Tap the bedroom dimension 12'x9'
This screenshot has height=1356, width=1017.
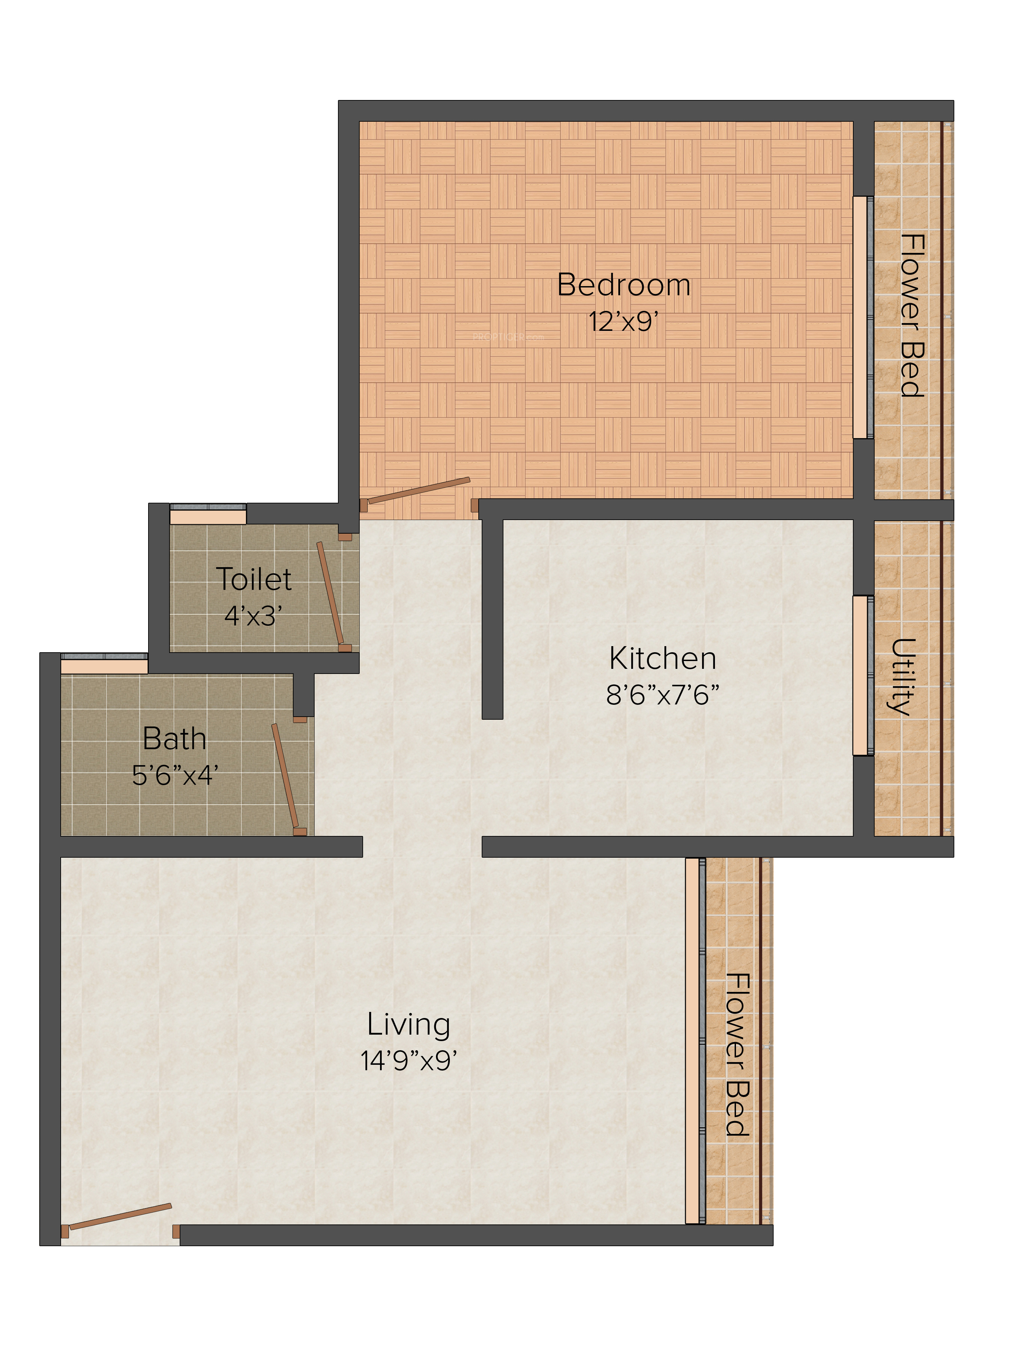point(623,321)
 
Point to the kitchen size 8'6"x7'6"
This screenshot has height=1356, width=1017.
point(663,695)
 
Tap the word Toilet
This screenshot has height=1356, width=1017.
point(254,579)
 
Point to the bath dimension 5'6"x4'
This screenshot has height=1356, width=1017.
point(175,775)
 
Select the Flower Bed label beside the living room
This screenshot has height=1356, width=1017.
point(737,1054)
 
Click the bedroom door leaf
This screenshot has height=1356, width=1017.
point(419,491)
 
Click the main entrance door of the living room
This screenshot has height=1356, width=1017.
point(120,1217)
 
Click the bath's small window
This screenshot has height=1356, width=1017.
point(104,663)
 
